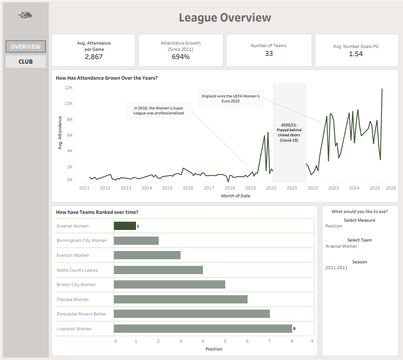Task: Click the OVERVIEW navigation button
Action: [x=26, y=47]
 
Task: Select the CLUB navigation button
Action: [x=26, y=62]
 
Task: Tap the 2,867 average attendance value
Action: [x=93, y=57]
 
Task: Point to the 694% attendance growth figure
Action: [x=181, y=57]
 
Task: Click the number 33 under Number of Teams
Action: [x=269, y=53]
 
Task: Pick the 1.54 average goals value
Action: [x=355, y=54]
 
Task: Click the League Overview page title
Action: [x=225, y=18]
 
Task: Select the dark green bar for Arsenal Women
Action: [x=125, y=226]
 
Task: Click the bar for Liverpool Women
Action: [x=203, y=329]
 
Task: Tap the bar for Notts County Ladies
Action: [x=158, y=270]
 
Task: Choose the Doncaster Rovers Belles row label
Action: [x=81, y=314]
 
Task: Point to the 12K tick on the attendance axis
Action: [x=68, y=88]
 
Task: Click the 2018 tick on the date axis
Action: [x=229, y=188]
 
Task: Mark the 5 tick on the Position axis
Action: [x=225, y=341]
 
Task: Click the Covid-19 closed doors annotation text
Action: [x=289, y=133]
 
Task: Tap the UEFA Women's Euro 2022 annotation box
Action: [x=231, y=99]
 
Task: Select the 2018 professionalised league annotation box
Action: [x=159, y=110]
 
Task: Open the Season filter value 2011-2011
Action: [x=336, y=268]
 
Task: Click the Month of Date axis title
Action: [x=236, y=196]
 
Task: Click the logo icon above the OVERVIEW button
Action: [x=26, y=15]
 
